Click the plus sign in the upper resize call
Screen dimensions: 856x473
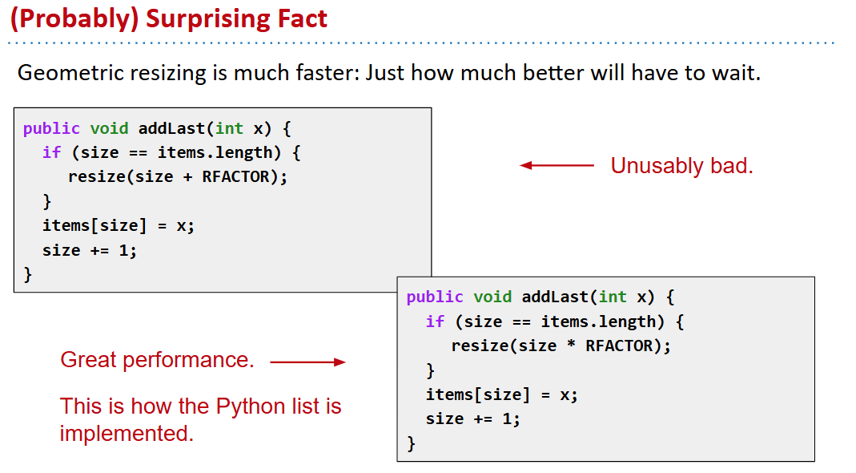187,177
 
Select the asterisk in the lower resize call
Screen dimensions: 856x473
571,346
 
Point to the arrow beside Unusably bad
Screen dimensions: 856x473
557,165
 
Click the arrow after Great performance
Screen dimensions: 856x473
308,362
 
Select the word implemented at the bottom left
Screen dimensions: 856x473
127,434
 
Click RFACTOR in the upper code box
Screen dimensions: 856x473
236,177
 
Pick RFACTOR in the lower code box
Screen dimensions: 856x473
619,346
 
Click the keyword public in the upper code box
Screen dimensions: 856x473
51,129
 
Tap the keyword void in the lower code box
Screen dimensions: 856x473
492,297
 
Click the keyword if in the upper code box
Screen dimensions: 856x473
52,152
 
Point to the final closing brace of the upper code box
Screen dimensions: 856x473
28,274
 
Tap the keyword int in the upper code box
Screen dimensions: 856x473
229,128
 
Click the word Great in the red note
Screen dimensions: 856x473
88,360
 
